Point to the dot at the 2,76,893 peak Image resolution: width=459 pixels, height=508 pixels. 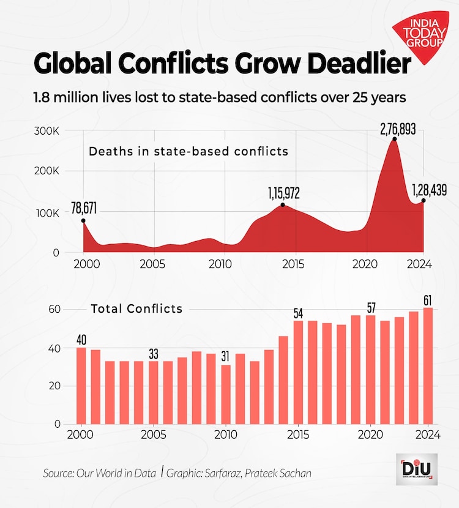coord(394,139)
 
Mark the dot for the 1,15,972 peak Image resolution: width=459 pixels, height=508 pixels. coord(282,205)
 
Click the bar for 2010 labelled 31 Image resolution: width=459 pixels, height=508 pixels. coord(226,394)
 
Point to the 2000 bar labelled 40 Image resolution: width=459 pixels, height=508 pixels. coord(81,386)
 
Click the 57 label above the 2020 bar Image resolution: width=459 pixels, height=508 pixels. coord(370,307)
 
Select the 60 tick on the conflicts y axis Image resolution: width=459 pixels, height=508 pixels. coord(54,310)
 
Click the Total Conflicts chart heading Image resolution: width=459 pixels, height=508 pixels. coord(136,308)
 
